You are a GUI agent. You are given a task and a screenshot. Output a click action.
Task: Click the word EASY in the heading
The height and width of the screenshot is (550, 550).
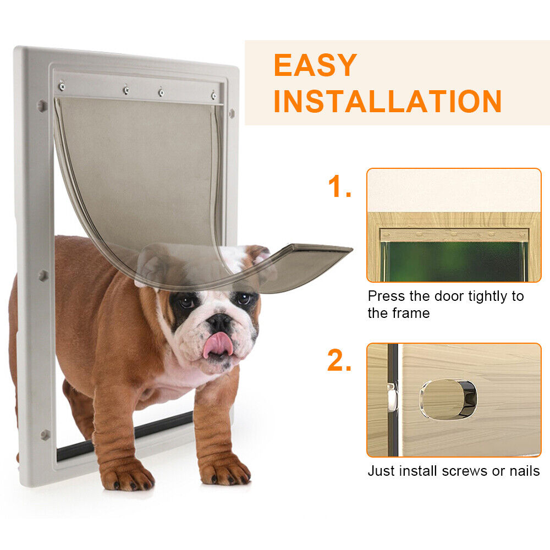[315, 65]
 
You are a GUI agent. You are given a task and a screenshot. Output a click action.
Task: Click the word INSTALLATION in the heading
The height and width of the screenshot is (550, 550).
[387, 101]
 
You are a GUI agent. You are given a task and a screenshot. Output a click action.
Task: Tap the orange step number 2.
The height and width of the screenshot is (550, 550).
[339, 360]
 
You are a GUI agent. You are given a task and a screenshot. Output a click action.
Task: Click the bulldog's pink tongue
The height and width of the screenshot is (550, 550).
[218, 344]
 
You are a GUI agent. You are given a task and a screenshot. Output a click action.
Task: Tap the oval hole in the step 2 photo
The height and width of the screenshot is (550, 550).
[448, 400]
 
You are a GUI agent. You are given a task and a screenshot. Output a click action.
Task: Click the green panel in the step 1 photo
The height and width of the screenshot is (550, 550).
[454, 261]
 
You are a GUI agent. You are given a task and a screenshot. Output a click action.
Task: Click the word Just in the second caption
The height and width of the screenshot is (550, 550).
[380, 471]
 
